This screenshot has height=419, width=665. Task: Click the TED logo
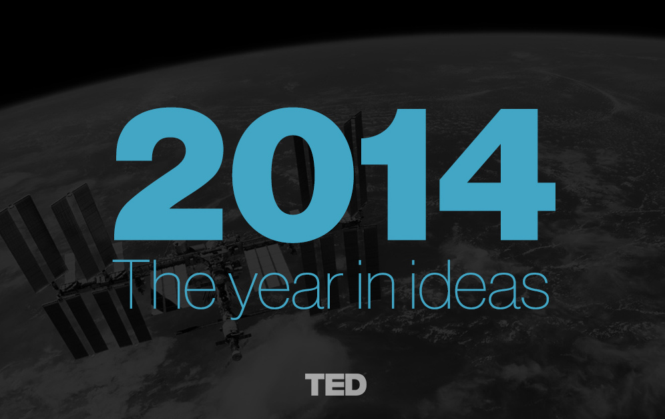(336, 385)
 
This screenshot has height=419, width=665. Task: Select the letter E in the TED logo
(335, 385)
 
